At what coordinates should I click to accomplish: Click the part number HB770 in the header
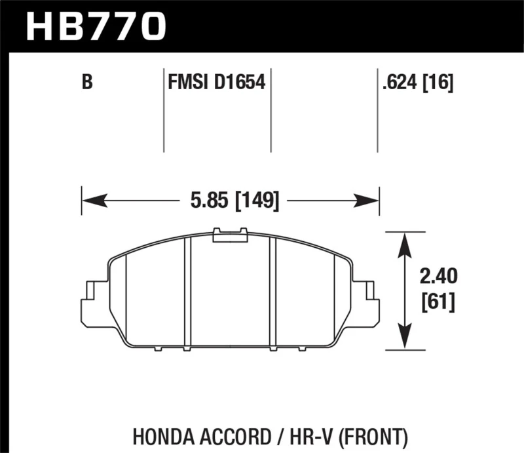point(97,27)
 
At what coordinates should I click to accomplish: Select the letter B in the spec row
point(86,83)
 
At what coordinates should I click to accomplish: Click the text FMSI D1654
point(217,83)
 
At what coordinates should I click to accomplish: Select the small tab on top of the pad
point(230,234)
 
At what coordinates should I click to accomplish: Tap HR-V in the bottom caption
point(307,435)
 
